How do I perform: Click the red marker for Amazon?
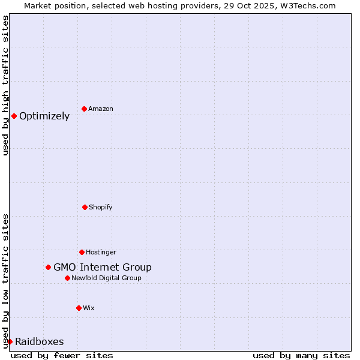85,109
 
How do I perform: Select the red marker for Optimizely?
14,116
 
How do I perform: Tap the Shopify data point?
85,207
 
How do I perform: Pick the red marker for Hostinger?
82,252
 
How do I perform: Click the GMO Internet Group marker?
48,267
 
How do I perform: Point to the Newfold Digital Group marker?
67,278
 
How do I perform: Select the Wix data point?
79,308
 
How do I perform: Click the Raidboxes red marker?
10,341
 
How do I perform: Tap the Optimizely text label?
44,116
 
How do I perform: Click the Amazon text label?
101,109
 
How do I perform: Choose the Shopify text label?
101,207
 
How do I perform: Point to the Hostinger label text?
101,252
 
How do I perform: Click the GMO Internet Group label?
103,268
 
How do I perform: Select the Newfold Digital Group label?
107,278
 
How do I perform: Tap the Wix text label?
89,308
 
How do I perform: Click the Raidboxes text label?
40,342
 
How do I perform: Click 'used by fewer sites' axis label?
62,355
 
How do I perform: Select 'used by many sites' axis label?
301,355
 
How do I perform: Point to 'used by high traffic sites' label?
5,85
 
